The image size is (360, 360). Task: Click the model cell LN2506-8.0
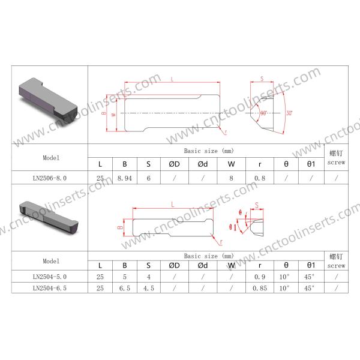[x=50, y=178]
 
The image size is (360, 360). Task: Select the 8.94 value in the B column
[x=125, y=178]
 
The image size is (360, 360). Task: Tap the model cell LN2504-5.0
[x=50, y=277]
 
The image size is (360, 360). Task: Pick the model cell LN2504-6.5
[x=50, y=288]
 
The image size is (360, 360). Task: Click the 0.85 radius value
[x=260, y=288]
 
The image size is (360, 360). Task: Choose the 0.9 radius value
[x=260, y=277]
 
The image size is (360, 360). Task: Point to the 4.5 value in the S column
[x=149, y=288]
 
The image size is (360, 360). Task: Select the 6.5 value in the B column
[x=125, y=288]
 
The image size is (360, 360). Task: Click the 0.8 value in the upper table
[x=260, y=178]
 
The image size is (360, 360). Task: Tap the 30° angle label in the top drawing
[x=289, y=113]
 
